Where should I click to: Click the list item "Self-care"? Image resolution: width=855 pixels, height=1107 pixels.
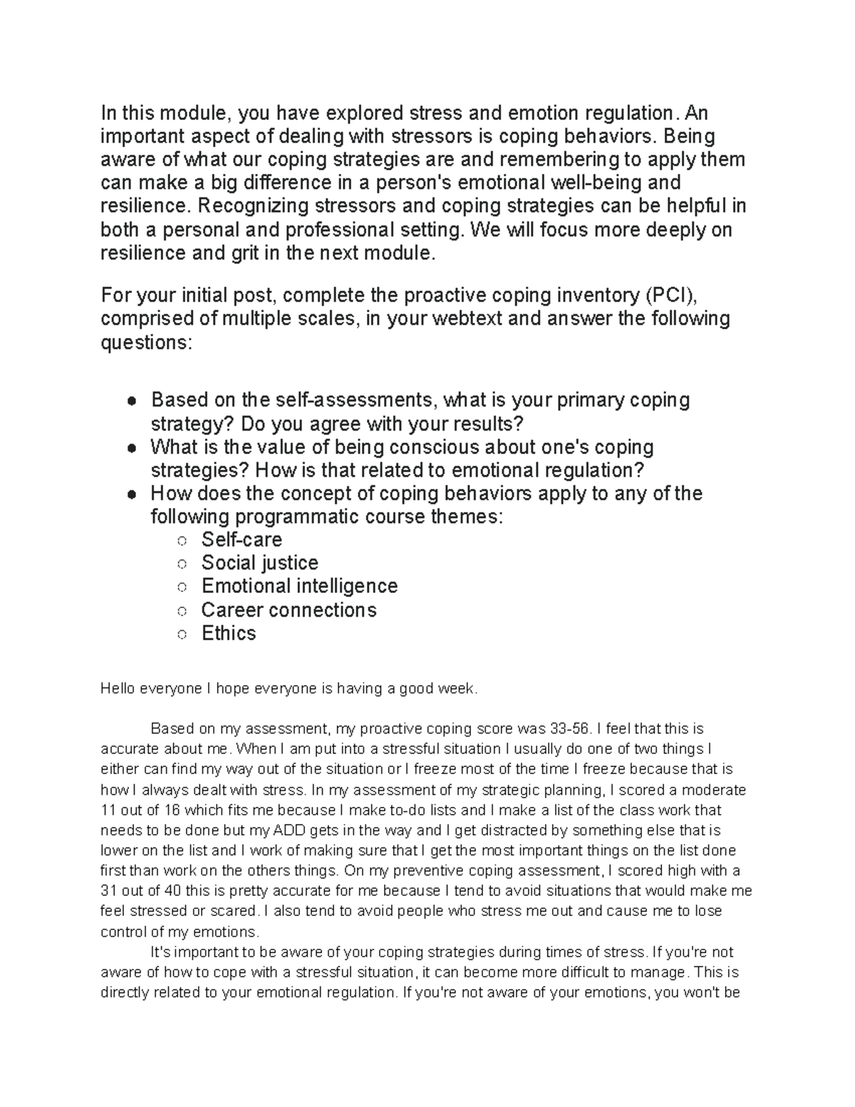tap(242, 539)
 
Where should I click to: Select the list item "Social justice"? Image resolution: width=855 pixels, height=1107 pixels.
tap(259, 562)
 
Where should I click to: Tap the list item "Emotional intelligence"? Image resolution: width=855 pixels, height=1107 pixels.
tap(299, 586)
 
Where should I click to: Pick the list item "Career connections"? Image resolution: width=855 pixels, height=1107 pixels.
tap(289, 609)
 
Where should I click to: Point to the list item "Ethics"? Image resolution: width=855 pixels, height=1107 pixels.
tap(229, 633)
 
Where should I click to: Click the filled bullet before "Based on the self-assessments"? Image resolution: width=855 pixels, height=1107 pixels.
tap(132, 401)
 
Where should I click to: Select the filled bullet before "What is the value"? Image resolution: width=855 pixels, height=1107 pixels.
tap(132, 448)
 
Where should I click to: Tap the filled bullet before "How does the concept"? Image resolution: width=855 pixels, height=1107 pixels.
tap(132, 495)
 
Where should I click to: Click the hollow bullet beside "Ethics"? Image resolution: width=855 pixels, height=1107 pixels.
tap(182, 634)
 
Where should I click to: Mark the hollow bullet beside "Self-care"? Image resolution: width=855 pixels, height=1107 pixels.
tap(182, 540)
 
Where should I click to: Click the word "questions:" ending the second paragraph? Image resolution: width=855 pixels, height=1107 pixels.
tap(146, 342)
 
